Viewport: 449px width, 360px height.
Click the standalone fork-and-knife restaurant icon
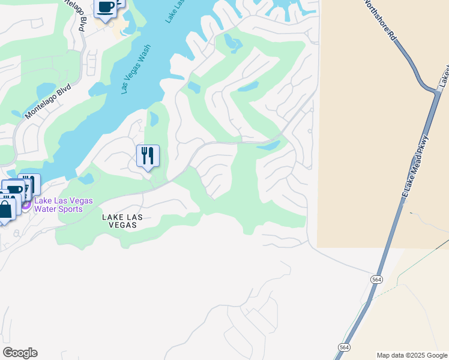point(148,156)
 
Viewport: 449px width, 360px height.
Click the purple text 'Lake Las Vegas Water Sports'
point(63,205)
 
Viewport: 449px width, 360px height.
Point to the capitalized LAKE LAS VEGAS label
point(119,221)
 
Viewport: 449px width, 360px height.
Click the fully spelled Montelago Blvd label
point(48,100)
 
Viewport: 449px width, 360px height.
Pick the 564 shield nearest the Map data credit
point(344,347)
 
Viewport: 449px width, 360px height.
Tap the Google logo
point(20,352)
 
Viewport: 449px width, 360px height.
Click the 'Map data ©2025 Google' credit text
point(411,355)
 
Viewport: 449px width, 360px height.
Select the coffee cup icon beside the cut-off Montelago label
point(106,7)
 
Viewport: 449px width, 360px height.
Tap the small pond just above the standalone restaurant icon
point(154,119)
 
